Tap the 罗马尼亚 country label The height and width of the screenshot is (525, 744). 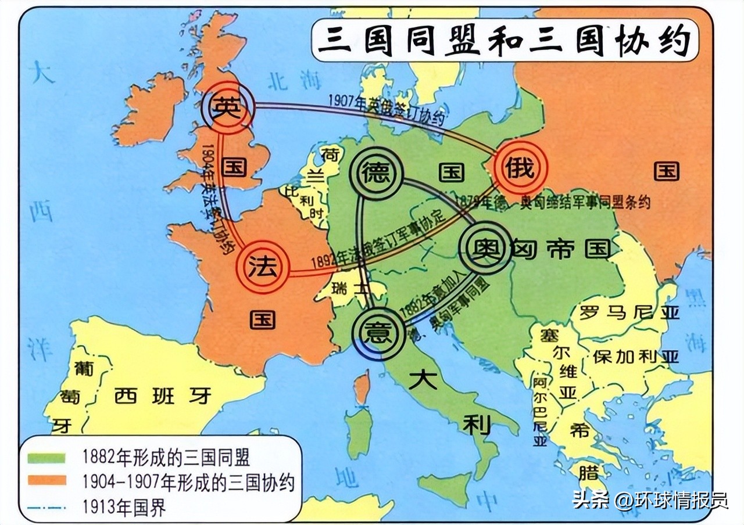628,313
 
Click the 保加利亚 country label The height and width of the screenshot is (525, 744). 635,356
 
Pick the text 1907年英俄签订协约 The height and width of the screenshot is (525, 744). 386,109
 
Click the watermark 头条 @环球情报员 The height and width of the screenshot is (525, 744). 650,500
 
